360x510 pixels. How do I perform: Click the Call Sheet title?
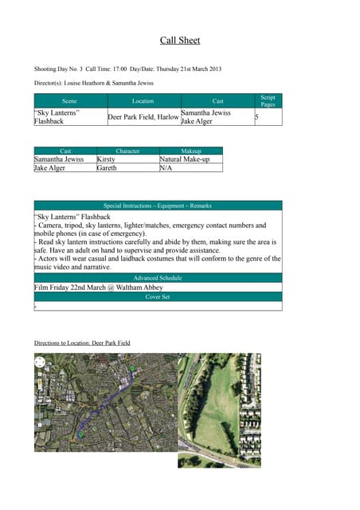tap(180, 41)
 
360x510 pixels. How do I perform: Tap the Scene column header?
tap(69, 101)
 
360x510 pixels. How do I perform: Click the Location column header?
tap(143, 101)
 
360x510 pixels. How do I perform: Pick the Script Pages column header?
tap(268, 101)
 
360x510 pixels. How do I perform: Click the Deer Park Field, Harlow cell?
tap(143, 117)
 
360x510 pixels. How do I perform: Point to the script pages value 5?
tap(256, 117)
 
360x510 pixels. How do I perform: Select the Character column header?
tap(127, 151)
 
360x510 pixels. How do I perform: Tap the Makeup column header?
tap(191, 151)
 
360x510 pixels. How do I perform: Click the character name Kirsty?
tap(106, 159)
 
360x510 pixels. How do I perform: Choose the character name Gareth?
tap(107, 168)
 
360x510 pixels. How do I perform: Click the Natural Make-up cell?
tap(187, 159)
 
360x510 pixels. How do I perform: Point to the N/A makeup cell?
tap(166, 168)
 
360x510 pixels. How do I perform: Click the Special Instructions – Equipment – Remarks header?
tap(158, 206)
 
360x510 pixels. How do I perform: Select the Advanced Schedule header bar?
tap(158, 277)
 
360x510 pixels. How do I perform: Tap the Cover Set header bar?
tap(158, 296)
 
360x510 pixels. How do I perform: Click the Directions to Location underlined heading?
tap(82, 343)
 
